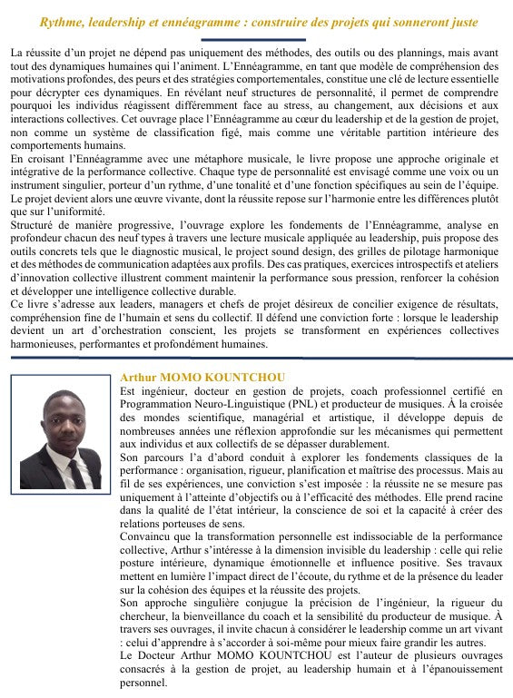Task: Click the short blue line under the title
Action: coord(254,40)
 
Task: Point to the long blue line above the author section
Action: coord(256,358)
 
